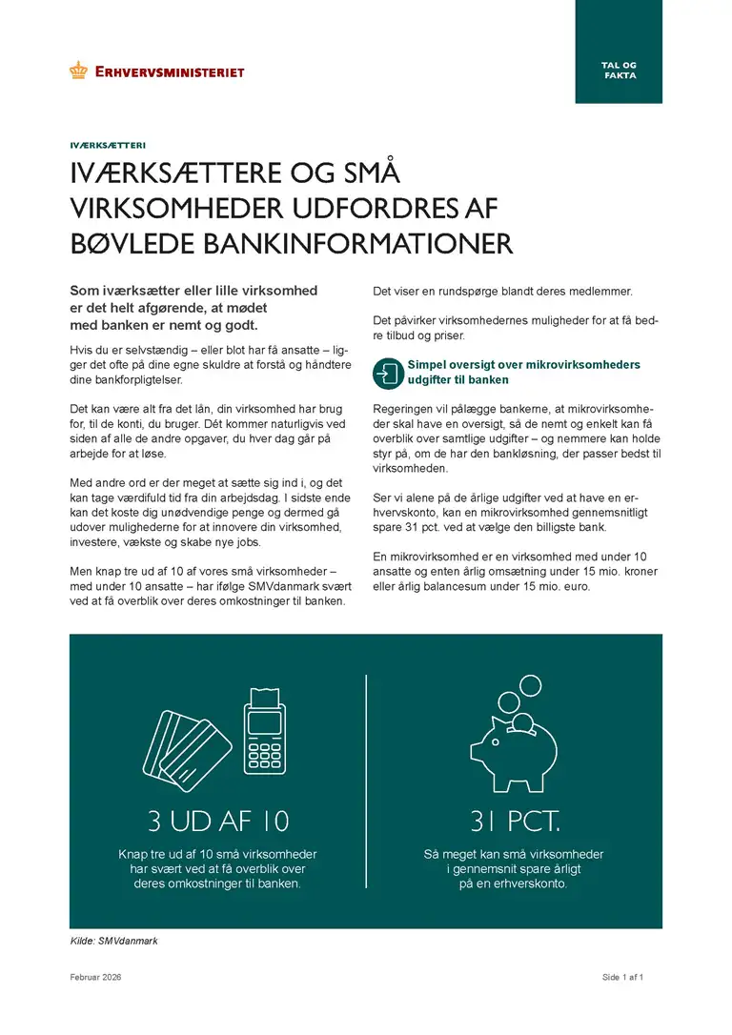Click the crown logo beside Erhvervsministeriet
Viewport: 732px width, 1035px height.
point(78,71)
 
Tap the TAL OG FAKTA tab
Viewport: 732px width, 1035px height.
point(620,70)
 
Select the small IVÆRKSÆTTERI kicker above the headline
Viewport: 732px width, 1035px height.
point(107,146)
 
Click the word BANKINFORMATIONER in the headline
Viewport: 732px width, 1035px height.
point(358,242)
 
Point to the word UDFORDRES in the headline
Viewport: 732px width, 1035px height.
point(345,208)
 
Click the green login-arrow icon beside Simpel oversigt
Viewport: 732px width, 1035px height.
point(388,373)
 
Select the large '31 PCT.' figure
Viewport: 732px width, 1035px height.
point(514,821)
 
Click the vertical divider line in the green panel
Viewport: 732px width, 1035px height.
point(366,781)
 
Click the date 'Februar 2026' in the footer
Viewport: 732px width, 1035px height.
point(95,978)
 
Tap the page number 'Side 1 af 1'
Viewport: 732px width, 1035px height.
point(623,978)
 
